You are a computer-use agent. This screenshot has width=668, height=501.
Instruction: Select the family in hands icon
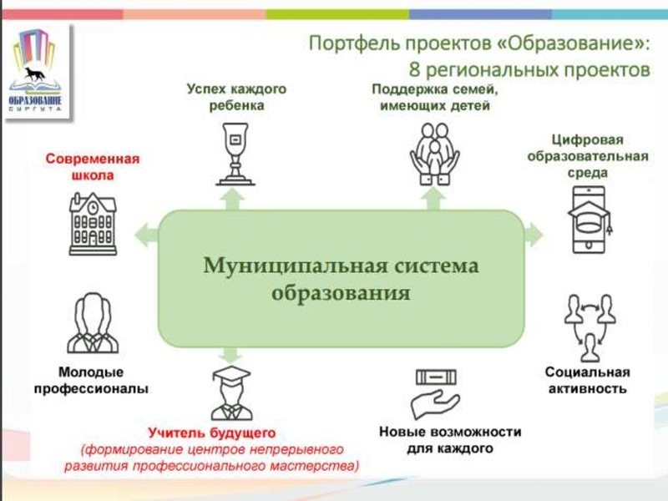432,154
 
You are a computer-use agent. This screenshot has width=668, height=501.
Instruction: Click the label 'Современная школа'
92,167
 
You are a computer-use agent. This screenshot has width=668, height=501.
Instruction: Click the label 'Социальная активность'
586,380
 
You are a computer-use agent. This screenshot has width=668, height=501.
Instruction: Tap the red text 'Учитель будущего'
211,433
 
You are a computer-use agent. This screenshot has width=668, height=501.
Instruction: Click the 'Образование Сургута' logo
36,68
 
